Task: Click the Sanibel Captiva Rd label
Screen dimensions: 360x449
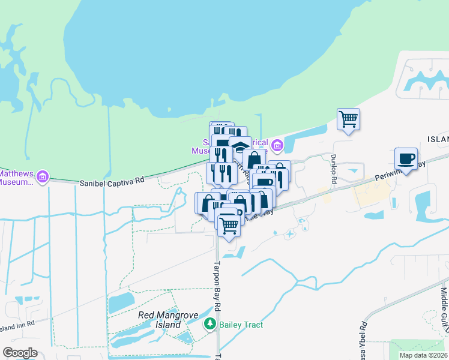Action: click(x=112, y=180)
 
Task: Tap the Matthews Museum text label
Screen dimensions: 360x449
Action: click(x=16, y=177)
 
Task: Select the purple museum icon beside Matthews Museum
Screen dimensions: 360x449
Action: click(x=42, y=177)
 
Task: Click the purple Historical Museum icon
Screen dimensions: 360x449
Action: click(x=277, y=145)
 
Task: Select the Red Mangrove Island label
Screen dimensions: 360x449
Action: click(x=159, y=319)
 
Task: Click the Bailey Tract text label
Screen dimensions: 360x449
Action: click(x=241, y=325)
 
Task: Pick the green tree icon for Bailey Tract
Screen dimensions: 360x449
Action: click(x=210, y=325)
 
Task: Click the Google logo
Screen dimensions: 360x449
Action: click(x=20, y=353)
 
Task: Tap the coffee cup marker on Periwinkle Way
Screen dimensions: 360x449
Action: click(x=406, y=159)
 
